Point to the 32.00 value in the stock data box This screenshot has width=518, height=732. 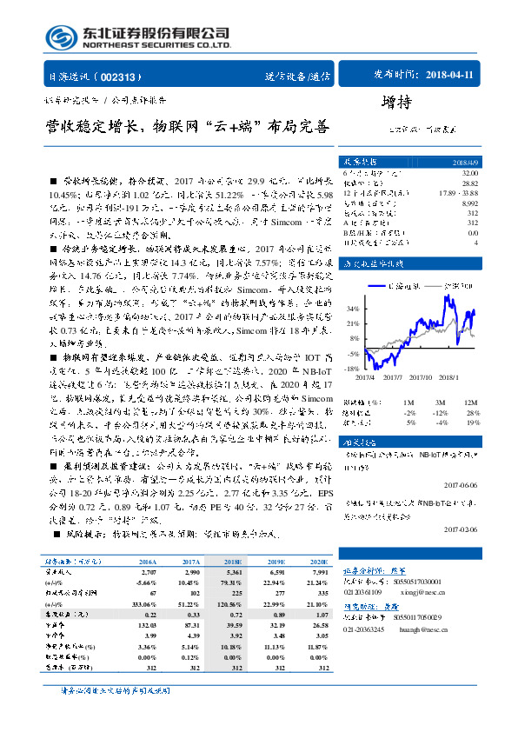[470, 174]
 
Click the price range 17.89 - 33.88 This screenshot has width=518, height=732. [459, 192]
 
